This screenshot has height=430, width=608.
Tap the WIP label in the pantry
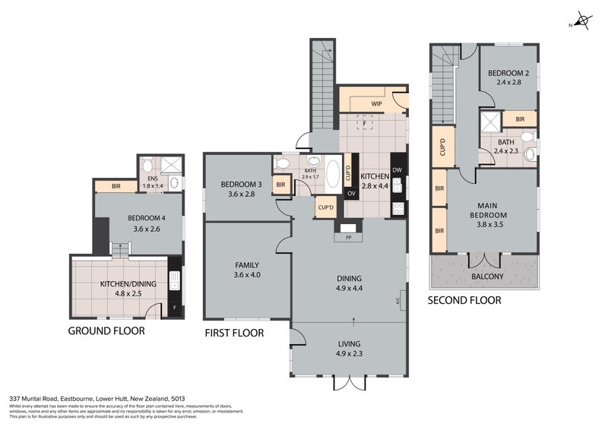click(376, 103)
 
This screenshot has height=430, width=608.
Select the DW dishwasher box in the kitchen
click(397, 170)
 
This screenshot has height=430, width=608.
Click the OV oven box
click(351, 193)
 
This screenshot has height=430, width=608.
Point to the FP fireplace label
click(349, 237)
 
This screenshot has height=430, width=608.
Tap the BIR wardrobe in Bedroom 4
click(116, 185)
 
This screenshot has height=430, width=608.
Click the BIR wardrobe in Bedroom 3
click(280, 185)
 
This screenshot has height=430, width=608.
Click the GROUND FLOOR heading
click(106, 330)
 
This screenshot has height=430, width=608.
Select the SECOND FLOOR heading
click(464, 300)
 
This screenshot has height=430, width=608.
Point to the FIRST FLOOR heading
click(234, 333)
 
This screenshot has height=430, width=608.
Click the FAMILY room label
click(247, 264)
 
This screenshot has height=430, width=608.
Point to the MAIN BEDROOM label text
click(492, 209)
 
